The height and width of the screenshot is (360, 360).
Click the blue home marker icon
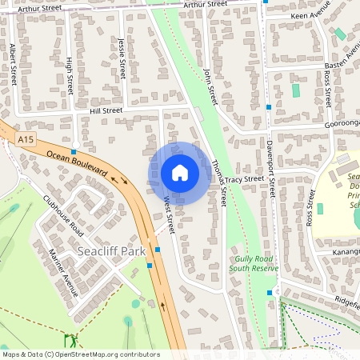[180, 173]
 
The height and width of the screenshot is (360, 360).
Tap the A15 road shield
[25, 140]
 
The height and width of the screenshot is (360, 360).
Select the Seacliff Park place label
[112, 251]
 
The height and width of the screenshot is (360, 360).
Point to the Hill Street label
[106, 111]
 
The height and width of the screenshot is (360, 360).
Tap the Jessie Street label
[122, 58]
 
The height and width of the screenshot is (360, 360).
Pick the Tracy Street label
[243, 180]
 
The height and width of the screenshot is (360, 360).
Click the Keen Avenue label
[312, 14]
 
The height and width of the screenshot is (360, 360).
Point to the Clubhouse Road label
[63, 215]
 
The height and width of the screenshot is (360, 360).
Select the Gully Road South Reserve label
[254, 264]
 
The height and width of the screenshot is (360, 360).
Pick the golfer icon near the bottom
[70, 338]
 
